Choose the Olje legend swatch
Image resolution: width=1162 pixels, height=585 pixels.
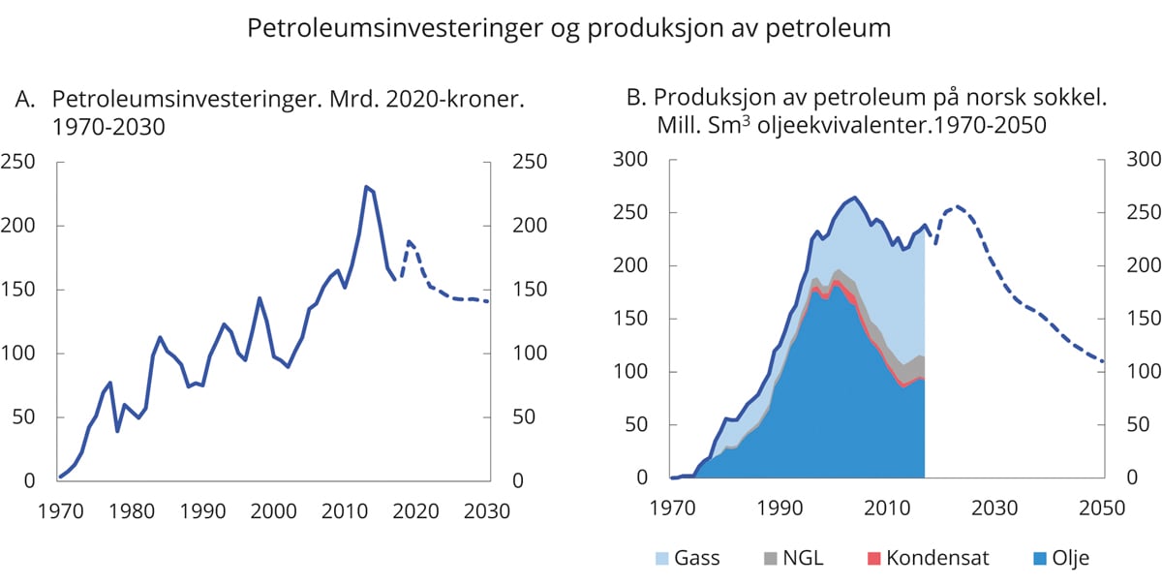pyautogui.click(x=1007, y=557)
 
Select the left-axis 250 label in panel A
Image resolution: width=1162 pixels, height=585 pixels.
pyautogui.click(x=18, y=162)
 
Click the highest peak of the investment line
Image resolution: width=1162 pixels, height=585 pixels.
pyautogui.click(x=366, y=186)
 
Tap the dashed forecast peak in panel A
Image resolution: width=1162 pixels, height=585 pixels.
pyautogui.click(x=409, y=241)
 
